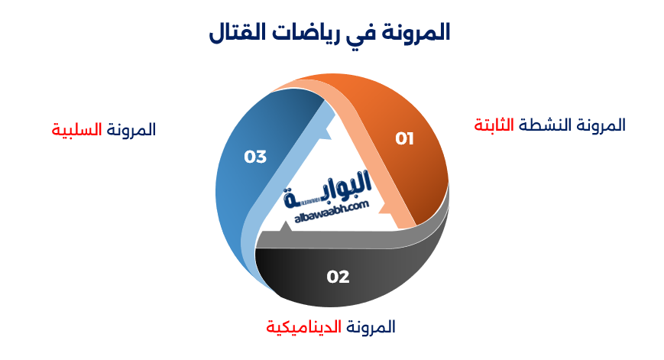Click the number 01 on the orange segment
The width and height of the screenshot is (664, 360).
(404, 138)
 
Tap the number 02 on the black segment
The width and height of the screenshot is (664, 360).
(338, 277)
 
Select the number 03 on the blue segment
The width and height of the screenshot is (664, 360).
(255, 157)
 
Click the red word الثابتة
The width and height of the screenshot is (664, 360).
(494, 125)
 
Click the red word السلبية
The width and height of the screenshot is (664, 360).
(76, 129)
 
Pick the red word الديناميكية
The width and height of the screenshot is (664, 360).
(302, 327)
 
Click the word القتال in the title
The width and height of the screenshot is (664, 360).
(235, 33)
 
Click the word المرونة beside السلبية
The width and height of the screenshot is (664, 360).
(131, 129)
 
